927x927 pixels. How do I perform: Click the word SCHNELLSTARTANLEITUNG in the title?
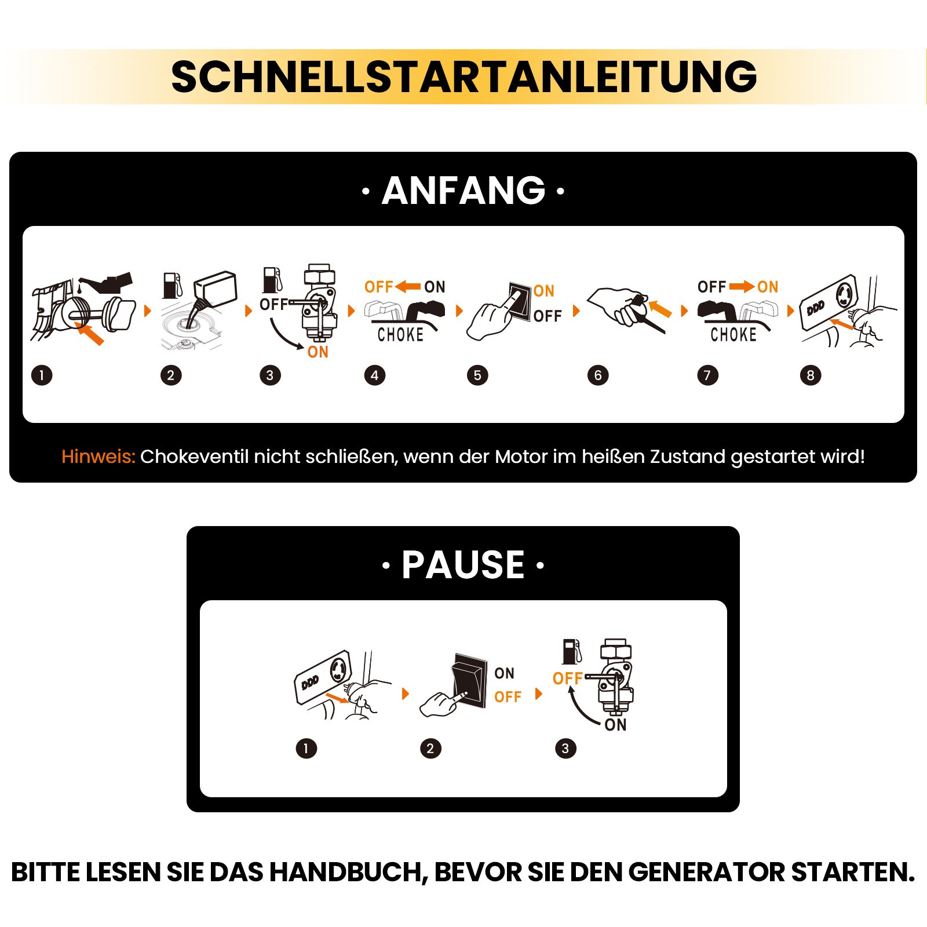coord(464,76)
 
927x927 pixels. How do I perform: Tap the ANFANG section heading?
coord(463,191)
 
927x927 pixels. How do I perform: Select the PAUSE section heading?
coord(463,564)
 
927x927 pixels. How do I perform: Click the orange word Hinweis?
coord(98,457)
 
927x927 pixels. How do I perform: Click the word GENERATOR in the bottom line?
coord(707,872)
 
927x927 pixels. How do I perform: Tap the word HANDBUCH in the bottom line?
coord(349,873)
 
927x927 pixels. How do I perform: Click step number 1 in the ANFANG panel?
coord(42,375)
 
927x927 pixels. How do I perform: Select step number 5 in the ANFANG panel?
coord(477,375)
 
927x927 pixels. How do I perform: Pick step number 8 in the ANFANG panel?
coord(811,375)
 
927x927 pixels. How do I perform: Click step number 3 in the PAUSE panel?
coord(565,748)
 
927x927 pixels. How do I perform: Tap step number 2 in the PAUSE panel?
coord(430,748)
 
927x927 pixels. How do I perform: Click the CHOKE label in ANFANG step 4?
coord(400,334)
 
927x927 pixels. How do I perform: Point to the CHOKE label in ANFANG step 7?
coord(733,334)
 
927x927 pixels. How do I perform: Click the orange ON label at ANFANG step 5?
coord(544,291)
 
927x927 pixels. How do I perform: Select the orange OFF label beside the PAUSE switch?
coord(508,696)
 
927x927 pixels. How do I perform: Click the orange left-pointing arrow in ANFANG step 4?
coord(408,286)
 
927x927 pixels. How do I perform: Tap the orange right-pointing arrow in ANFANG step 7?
coord(742,286)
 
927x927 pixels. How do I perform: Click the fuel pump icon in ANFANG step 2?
coord(172,286)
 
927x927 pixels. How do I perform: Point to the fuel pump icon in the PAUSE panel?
coord(572,652)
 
